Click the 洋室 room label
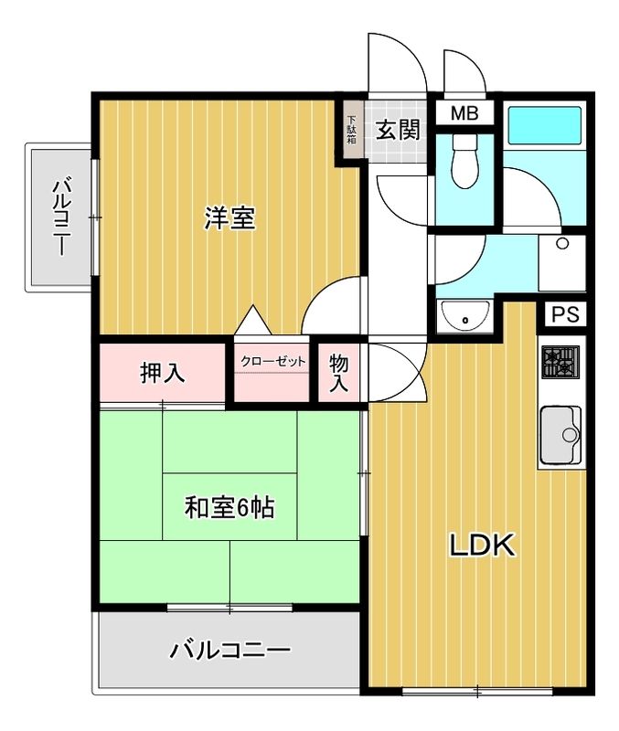pyautogui.click(x=229, y=218)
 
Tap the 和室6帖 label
pyautogui.click(x=229, y=507)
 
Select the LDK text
pyautogui.click(x=482, y=545)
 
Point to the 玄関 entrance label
pyautogui.click(x=398, y=130)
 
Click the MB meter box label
pyautogui.click(x=464, y=113)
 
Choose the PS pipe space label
pyautogui.click(x=565, y=314)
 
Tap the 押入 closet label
pyautogui.click(x=163, y=373)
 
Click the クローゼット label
pyautogui.click(x=272, y=361)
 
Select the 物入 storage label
pyautogui.click(x=338, y=372)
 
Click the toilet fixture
pyautogui.click(x=465, y=162)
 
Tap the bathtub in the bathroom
pyautogui.click(x=544, y=126)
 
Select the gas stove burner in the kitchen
pyautogui.click(x=560, y=362)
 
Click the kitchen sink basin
pyautogui.click(x=560, y=435)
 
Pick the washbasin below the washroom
pyautogui.click(x=465, y=314)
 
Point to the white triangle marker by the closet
pyautogui.click(x=253, y=320)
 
